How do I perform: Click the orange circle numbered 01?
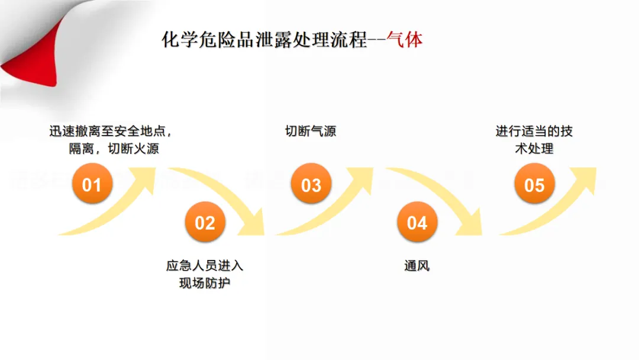tap(92, 185)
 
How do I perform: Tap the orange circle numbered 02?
tap(205, 223)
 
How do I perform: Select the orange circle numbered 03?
tap(311, 185)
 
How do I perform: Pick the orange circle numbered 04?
tap(417, 223)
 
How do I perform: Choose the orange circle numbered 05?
tap(534, 185)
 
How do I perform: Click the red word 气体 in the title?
tap(405, 40)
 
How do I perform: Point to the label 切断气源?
tap(311, 131)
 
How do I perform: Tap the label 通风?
tap(417, 266)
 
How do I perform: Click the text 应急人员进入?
tap(205, 266)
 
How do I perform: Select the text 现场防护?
tap(205, 283)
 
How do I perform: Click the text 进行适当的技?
tap(534, 131)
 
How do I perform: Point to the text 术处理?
tap(534, 148)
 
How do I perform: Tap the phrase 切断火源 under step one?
tap(133, 148)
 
